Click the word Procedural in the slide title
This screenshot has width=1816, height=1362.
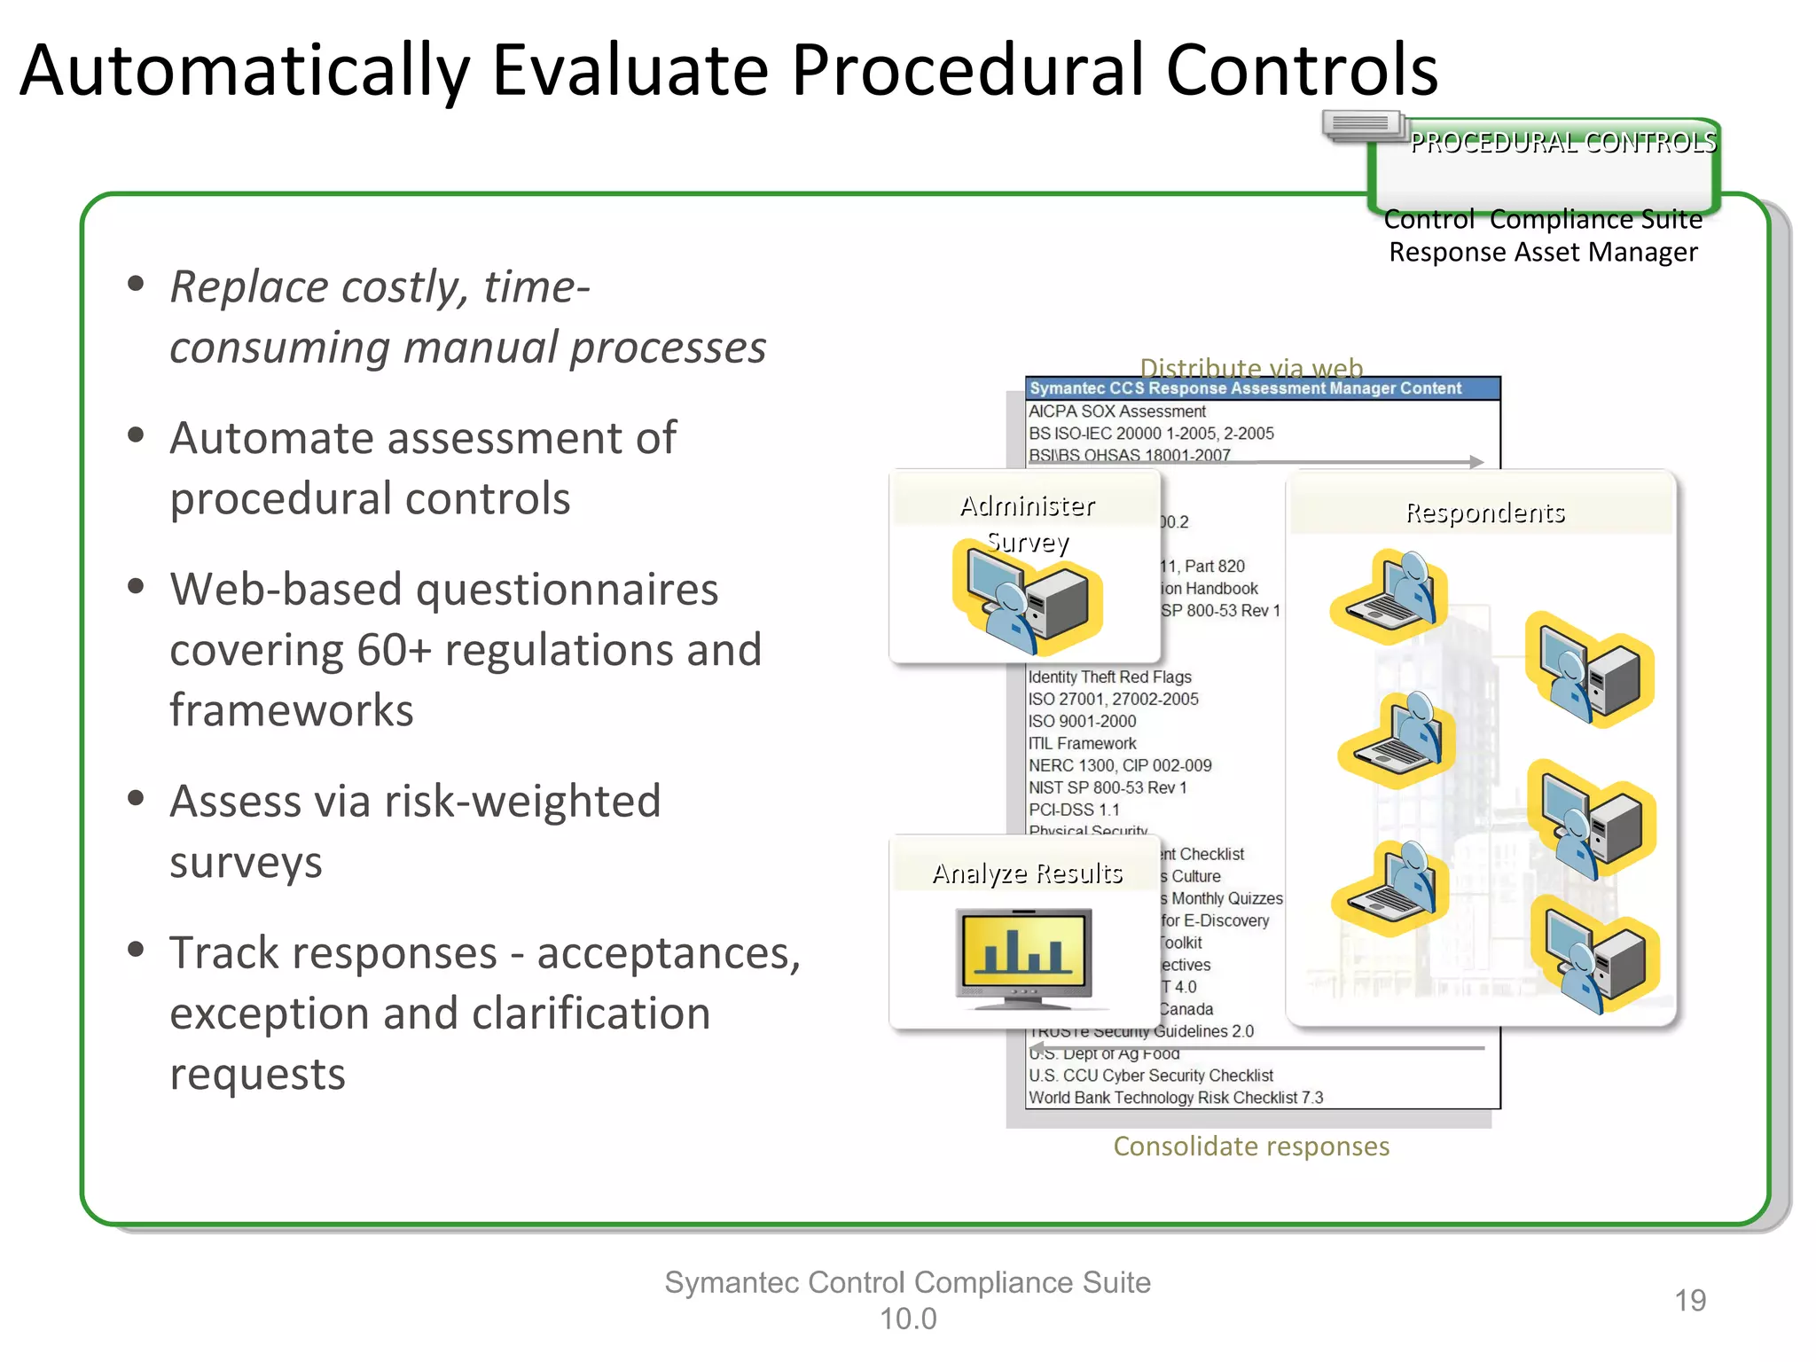(967, 71)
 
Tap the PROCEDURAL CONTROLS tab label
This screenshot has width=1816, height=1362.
(1562, 143)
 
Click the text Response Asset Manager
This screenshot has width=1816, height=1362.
(1543, 253)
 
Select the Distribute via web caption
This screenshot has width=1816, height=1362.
(1250, 367)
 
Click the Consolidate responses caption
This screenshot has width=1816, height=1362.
(1250, 1147)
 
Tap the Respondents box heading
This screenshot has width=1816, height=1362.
(1484, 513)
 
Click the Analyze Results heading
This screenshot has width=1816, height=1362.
(1027, 873)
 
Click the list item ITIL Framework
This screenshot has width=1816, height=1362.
(1082, 743)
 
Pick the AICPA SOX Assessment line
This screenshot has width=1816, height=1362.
(1117, 411)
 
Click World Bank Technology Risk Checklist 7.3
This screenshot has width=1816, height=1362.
(1175, 1098)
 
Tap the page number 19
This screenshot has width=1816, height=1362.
(1689, 1300)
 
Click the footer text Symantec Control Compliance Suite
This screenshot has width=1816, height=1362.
(907, 1282)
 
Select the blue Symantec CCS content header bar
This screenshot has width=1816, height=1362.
(1262, 388)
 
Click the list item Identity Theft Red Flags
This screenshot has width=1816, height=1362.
(1109, 677)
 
